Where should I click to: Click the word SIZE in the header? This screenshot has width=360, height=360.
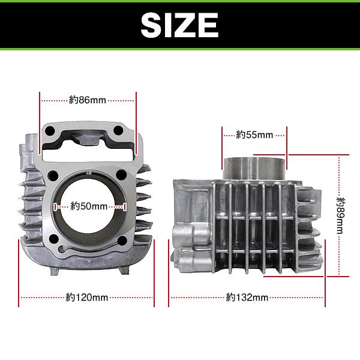(179, 25)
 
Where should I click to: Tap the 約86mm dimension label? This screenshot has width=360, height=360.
(88, 100)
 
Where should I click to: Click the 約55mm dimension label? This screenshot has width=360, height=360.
(254, 134)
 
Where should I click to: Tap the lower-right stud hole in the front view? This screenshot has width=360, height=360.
(123, 241)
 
